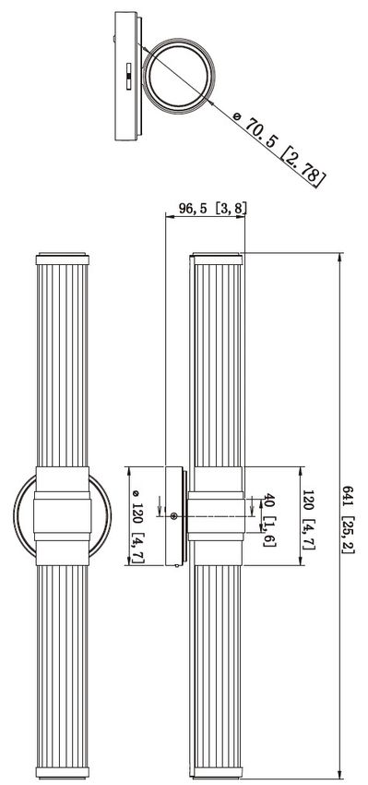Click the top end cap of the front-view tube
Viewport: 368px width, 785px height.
63,259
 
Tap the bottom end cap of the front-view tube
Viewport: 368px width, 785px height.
63,772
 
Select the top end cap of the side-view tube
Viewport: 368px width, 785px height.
217,259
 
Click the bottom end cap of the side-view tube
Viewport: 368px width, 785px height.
217,772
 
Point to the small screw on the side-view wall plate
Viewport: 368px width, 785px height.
174,516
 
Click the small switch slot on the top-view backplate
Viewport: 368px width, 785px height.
128,78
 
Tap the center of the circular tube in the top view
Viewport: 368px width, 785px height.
179,75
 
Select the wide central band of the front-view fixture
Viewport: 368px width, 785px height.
63,515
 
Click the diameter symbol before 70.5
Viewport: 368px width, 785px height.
237,116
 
